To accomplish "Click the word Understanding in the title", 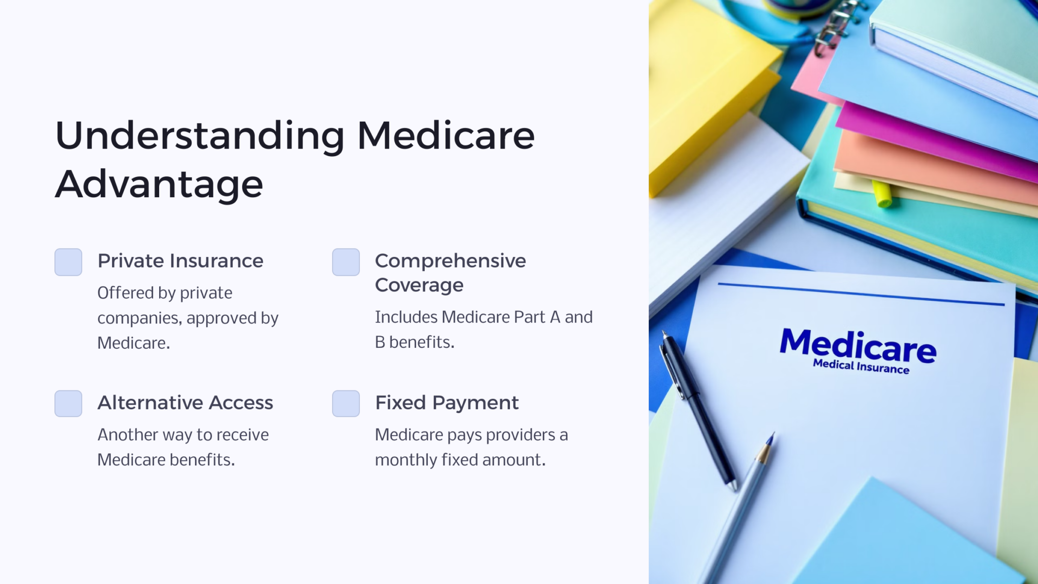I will click(200, 136).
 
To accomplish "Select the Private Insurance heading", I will click(180, 261).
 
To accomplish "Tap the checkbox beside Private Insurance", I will click(68, 262).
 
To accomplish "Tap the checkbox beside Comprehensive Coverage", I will click(346, 262).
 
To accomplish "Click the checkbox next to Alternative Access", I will click(68, 404).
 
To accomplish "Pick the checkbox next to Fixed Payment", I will click(346, 404).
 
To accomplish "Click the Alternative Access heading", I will click(185, 403).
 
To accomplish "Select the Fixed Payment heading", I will click(447, 403).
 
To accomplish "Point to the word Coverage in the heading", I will click(419, 285).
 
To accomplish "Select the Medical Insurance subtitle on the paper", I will click(861, 367).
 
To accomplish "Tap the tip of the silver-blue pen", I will click(771, 437).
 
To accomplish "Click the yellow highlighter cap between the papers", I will click(882, 194).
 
